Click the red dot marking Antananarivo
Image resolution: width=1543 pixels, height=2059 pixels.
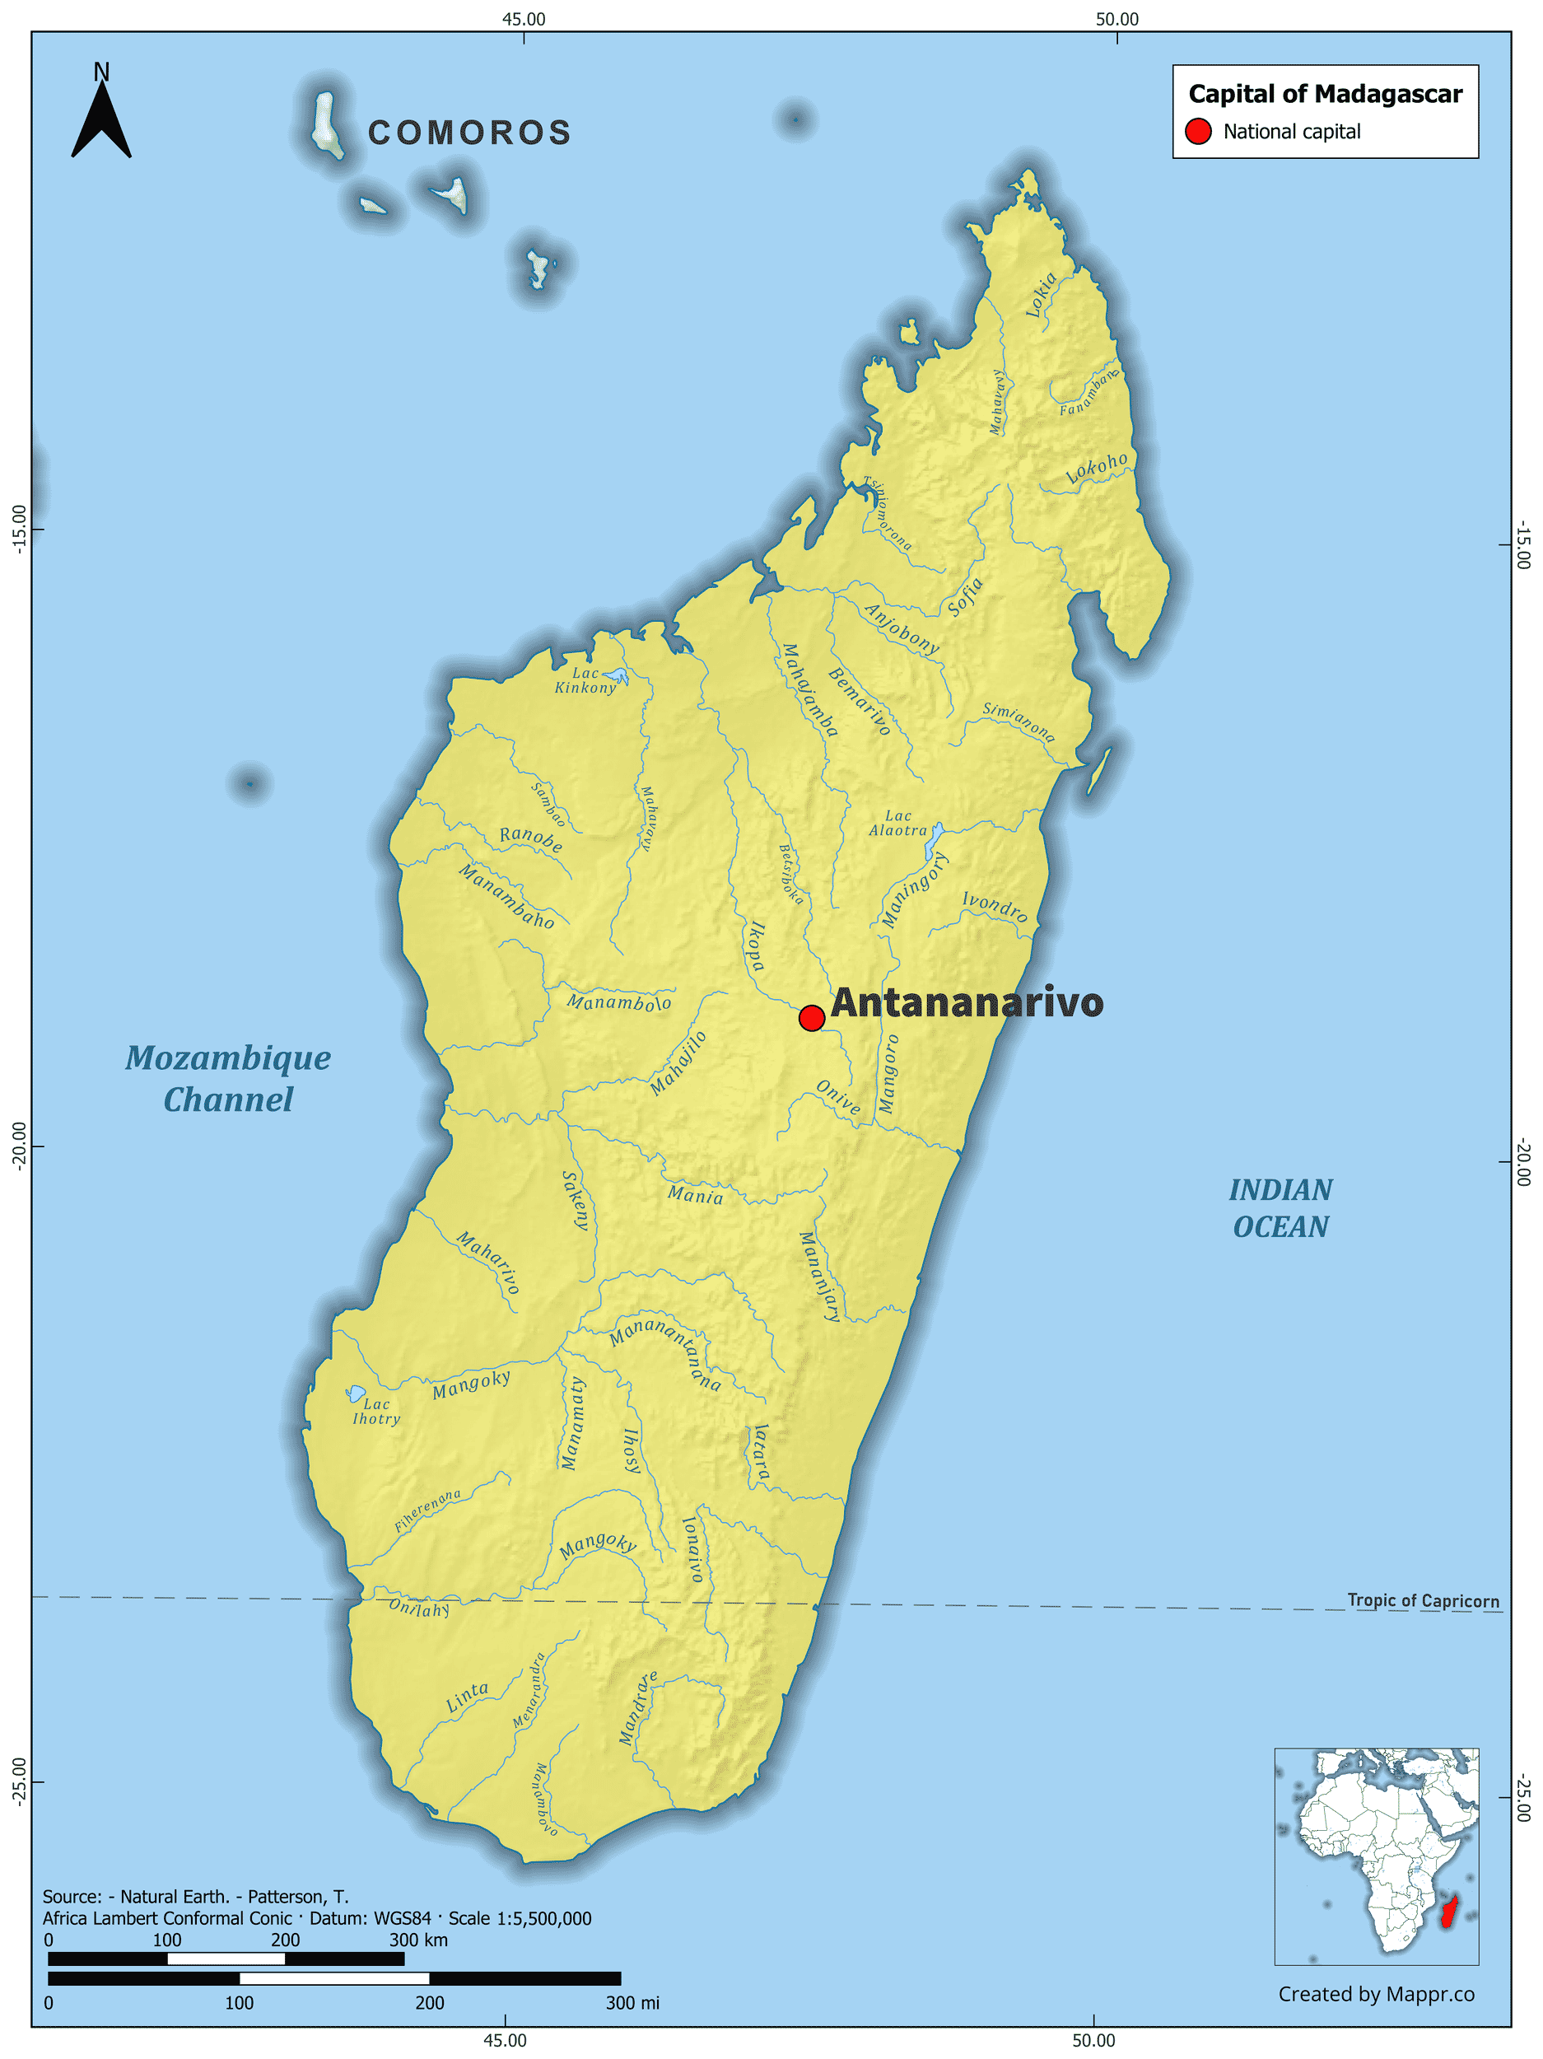pos(812,1017)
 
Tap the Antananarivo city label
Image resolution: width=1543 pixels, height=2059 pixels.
pos(967,1002)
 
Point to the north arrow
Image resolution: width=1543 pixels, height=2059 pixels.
pos(101,115)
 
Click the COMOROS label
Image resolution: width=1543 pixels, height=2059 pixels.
pos(470,133)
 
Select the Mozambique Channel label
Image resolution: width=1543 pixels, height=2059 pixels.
pos(228,1079)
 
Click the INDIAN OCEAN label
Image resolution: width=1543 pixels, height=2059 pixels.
pos(1280,1208)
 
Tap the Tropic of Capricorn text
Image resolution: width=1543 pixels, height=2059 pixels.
pos(1423,1600)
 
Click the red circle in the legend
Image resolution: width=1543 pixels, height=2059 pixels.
pos(1199,132)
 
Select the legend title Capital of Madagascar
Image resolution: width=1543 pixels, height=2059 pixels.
pos(1326,94)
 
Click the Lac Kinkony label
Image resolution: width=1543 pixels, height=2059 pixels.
pos(585,680)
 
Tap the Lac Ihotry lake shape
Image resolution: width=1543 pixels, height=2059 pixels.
pos(356,1394)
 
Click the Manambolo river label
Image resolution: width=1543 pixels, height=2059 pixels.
pos(619,1002)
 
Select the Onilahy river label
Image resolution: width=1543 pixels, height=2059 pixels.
pos(419,1608)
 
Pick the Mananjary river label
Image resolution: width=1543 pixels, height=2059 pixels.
pos(820,1277)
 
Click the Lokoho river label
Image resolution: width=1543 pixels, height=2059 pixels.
pos(1098,468)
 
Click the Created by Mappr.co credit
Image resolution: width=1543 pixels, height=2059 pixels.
pos(1376,1994)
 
